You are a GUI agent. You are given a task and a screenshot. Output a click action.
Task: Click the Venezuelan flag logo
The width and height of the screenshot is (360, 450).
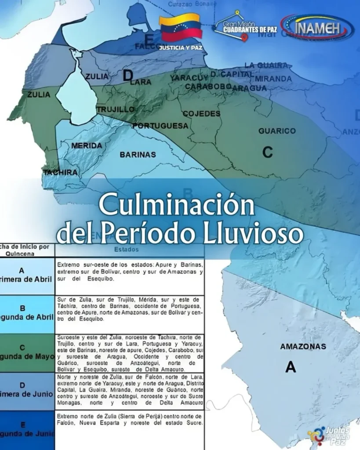181,28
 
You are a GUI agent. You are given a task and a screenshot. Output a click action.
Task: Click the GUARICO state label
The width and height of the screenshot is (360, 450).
277,131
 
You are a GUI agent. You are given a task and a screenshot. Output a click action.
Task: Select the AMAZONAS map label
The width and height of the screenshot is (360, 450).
303,346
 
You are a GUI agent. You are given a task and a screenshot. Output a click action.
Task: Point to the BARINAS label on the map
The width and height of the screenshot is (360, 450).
138,155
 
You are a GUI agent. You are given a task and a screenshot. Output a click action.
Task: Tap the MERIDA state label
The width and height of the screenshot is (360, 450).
87,145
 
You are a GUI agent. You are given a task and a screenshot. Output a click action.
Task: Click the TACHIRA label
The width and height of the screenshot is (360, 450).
60,172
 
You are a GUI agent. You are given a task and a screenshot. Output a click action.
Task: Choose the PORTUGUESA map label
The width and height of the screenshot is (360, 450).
160,126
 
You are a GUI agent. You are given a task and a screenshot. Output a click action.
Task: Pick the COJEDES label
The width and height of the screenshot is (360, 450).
201,114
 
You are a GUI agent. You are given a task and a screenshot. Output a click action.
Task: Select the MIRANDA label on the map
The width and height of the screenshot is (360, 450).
273,79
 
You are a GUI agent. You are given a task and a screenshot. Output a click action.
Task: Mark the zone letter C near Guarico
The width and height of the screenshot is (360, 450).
267,152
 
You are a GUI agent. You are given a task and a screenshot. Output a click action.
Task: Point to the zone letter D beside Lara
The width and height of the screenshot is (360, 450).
127,76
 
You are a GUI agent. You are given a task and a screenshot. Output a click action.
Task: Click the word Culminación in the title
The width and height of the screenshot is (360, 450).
177,206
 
